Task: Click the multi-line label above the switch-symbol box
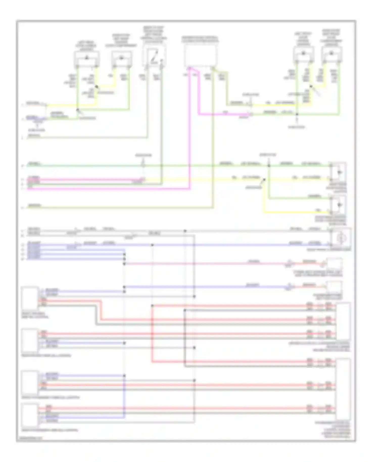[154, 34]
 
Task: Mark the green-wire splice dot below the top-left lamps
[77, 110]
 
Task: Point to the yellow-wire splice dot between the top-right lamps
[311, 86]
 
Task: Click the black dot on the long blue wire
[152, 245]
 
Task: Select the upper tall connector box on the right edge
[343, 321]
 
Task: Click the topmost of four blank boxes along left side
[30, 298]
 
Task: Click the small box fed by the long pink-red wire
[334, 264]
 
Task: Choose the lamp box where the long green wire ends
[339, 172]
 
